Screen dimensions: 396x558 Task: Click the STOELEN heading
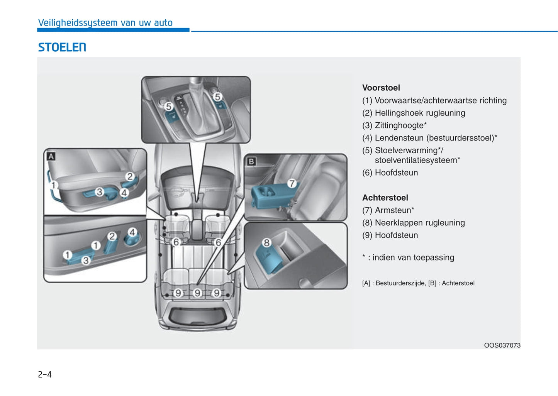(62, 47)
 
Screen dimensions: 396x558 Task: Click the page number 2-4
(45, 374)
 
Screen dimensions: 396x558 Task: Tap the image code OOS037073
(502, 345)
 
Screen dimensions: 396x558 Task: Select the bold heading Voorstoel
(381, 88)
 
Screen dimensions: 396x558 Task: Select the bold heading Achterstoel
(385, 198)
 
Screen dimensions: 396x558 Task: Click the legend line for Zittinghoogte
(394, 125)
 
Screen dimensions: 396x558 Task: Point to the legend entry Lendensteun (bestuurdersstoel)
(429, 138)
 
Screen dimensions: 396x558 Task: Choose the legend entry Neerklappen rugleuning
(413, 223)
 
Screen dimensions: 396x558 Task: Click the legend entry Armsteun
(388, 210)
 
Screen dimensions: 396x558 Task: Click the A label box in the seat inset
(51, 156)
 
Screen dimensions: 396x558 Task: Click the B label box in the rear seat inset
(251, 161)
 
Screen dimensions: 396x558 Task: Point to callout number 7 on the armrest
(292, 183)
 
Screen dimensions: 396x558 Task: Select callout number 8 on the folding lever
(266, 243)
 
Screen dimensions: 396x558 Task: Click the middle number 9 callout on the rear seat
(197, 293)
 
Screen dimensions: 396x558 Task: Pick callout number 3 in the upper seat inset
(99, 191)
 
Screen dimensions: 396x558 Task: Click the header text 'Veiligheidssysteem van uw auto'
(105, 23)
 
